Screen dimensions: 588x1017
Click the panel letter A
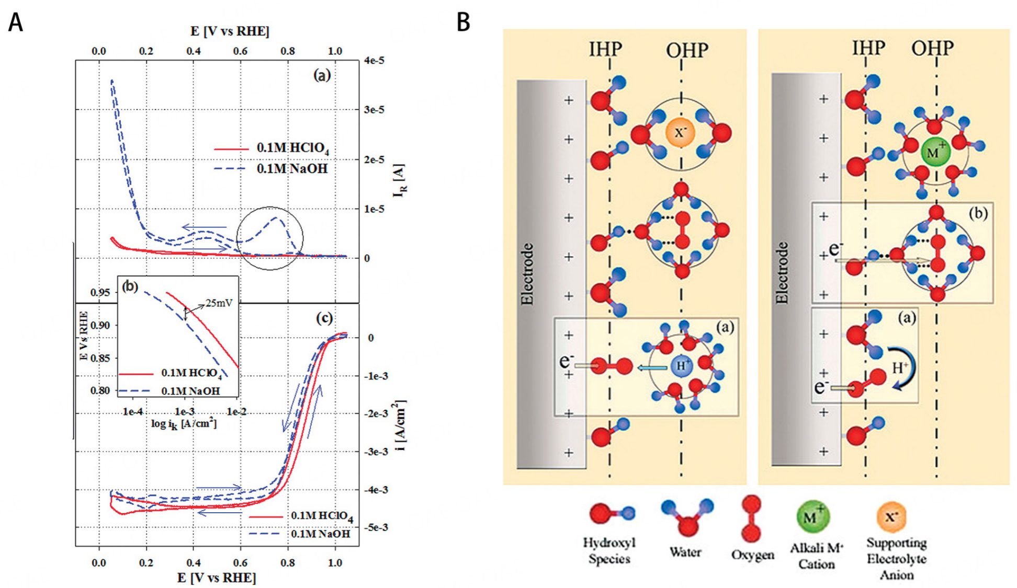pyautogui.click(x=16, y=22)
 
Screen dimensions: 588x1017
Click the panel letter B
pyautogui.click(x=463, y=22)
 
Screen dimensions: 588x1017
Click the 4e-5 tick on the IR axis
pyautogui.click(x=374, y=61)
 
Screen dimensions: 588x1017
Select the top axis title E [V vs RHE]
pyautogui.click(x=229, y=31)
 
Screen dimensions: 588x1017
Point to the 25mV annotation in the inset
pyautogui.click(x=219, y=303)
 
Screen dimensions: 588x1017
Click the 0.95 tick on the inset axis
pyautogui.click(x=100, y=292)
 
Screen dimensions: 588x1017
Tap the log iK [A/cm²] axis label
pyautogui.click(x=184, y=423)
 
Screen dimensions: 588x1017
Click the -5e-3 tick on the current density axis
pyautogui.click(x=376, y=527)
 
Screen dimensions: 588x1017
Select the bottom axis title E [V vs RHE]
pyautogui.click(x=217, y=578)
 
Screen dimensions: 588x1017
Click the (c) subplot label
pyautogui.click(x=324, y=318)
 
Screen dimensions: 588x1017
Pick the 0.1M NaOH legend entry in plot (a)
pyautogui.click(x=291, y=169)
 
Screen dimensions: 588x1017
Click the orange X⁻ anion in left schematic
pyautogui.click(x=679, y=132)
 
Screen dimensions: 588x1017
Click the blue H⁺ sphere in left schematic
pyautogui.click(x=681, y=366)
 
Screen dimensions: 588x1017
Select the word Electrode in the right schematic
pyautogui.click(x=782, y=272)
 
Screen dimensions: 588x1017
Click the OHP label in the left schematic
pyautogui.click(x=687, y=51)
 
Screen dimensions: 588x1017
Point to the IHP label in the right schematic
pyautogui.click(x=868, y=48)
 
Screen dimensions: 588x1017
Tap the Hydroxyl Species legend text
pyautogui.click(x=609, y=550)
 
